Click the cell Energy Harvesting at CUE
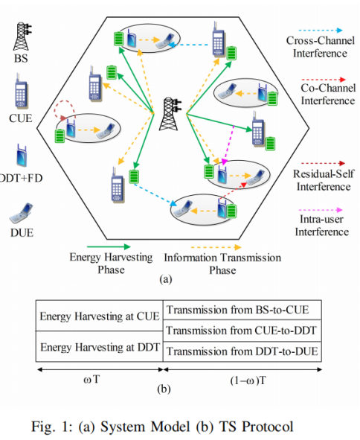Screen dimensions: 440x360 [100, 316]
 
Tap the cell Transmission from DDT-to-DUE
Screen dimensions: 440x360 [242, 351]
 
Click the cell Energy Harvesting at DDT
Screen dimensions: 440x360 [100, 346]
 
